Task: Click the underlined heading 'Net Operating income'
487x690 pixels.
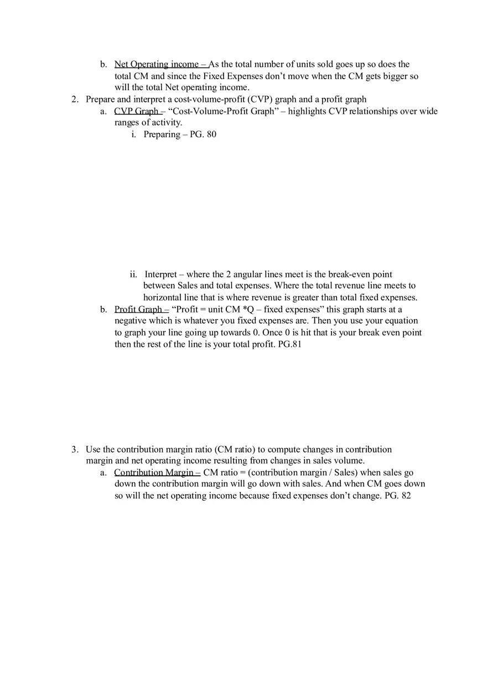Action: coord(157,65)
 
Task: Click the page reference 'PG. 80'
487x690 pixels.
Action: coord(203,134)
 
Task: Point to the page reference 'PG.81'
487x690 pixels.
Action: coord(290,344)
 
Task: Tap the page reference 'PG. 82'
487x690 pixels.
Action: coord(397,496)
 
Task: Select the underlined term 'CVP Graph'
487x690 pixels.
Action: coord(136,111)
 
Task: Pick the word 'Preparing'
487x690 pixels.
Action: coord(162,134)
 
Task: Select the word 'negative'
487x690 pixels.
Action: coord(132,321)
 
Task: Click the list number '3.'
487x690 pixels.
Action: coord(75,449)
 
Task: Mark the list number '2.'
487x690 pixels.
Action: coord(75,100)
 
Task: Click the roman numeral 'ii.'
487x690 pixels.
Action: coord(133,274)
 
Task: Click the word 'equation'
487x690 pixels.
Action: coord(401,321)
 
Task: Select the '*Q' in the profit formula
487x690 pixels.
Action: coord(248,309)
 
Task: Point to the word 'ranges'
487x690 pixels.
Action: coord(127,123)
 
